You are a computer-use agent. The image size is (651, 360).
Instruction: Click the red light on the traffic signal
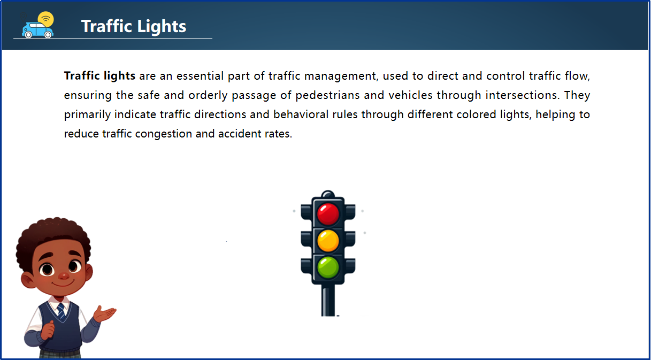(x=328, y=214)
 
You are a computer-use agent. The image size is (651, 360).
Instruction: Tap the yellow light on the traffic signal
(x=328, y=240)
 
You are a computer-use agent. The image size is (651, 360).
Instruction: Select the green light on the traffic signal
(x=328, y=266)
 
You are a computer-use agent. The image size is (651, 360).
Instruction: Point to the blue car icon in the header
(x=37, y=30)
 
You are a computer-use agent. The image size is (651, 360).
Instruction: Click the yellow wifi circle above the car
(x=47, y=19)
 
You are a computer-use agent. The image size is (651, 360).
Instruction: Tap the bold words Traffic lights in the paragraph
(x=99, y=76)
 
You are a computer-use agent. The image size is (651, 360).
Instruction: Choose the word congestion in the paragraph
(x=164, y=134)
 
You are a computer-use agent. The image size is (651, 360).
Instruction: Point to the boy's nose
(x=63, y=276)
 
